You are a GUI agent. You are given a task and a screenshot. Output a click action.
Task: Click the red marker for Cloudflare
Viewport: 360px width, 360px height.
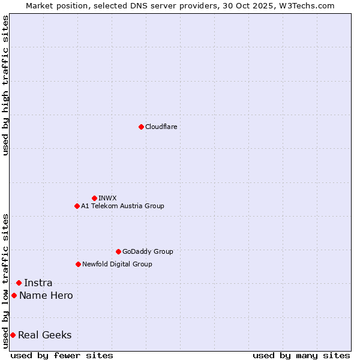click(x=141, y=127)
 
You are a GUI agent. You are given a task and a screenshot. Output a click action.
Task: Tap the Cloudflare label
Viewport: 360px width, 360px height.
click(x=161, y=127)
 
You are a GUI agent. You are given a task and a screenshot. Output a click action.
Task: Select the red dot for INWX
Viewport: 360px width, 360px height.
click(x=94, y=198)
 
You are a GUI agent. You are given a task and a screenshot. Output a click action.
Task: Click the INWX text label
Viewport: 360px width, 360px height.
click(x=107, y=198)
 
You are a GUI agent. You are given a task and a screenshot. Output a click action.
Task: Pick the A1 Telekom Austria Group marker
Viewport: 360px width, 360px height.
click(x=77, y=206)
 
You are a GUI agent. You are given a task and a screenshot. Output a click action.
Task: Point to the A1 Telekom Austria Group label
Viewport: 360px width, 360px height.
click(x=122, y=206)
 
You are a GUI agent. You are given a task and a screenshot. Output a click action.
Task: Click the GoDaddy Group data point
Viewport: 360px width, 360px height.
click(x=118, y=251)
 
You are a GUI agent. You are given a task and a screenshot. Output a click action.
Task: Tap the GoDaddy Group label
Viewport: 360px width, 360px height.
click(x=148, y=251)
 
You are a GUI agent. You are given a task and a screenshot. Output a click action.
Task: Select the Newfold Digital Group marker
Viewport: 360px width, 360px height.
click(x=78, y=264)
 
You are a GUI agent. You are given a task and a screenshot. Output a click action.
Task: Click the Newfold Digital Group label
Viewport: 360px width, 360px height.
click(x=117, y=264)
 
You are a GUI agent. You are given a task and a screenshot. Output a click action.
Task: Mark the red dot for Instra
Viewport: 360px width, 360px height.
click(x=19, y=283)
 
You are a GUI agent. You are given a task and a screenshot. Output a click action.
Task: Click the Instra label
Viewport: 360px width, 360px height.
click(x=38, y=283)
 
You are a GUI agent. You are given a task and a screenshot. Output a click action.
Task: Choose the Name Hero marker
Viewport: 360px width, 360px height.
click(x=14, y=295)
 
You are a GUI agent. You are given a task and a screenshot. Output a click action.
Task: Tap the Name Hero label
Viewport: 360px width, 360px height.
click(x=46, y=295)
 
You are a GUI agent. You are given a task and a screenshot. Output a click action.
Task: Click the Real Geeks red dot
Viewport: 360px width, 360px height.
click(x=13, y=335)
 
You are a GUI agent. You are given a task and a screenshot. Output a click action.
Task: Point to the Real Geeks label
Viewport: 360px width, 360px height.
click(x=44, y=335)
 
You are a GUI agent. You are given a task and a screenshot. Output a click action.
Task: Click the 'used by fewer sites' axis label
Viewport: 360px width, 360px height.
click(x=62, y=355)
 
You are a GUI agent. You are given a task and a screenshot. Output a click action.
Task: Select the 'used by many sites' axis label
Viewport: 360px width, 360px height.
click(x=301, y=355)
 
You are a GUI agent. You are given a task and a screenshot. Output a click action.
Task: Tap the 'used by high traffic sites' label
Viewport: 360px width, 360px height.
click(x=5, y=85)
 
